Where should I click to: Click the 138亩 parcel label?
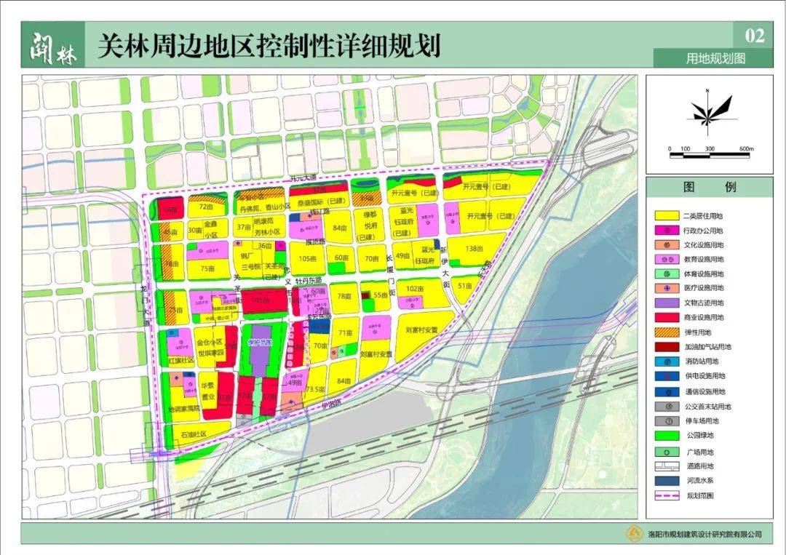(474, 249)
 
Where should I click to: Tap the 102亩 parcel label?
(415, 288)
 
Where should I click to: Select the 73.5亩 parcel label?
(314, 389)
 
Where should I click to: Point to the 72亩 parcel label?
(205, 207)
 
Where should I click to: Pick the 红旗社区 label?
(181, 361)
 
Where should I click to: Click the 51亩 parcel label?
(466, 287)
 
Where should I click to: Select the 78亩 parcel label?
(344, 296)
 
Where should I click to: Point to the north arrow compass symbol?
(705, 111)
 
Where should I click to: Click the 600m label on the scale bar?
(746, 149)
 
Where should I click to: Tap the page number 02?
(755, 36)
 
